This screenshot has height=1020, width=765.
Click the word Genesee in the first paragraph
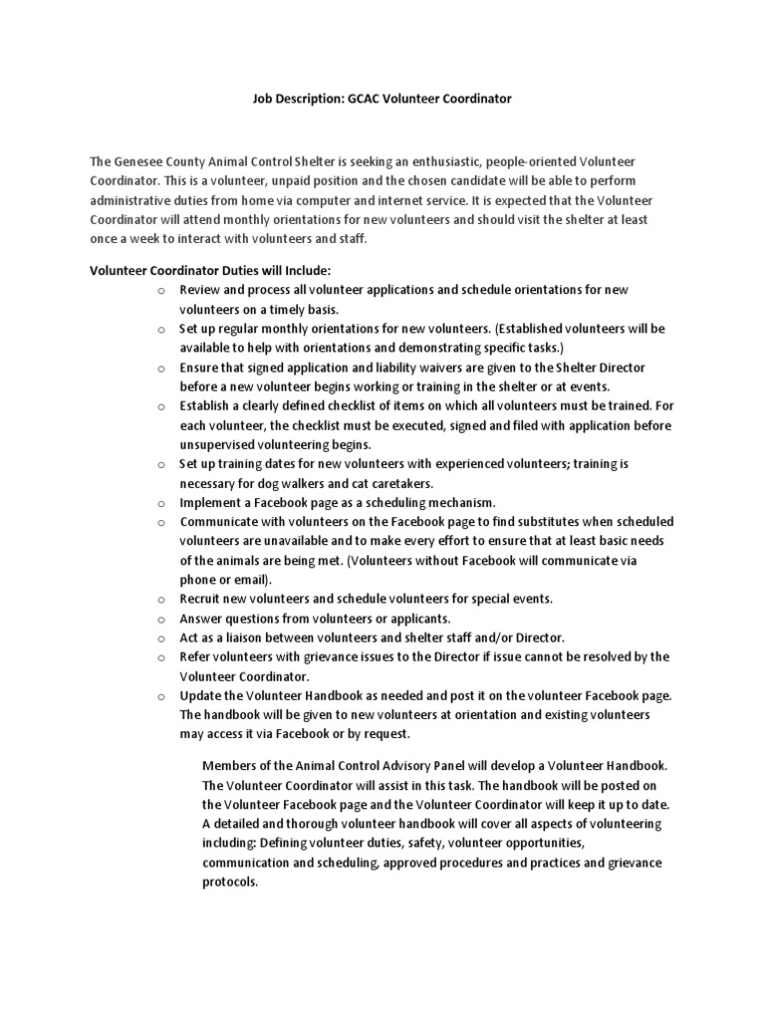(x=138, y=161)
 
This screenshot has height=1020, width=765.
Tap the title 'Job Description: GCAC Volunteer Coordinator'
(x=380, y=100)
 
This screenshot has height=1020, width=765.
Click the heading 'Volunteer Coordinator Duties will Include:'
(x=210, y=270)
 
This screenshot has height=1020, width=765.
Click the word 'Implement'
(x=211, y=502)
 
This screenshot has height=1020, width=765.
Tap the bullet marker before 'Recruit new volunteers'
(x=160, y=600)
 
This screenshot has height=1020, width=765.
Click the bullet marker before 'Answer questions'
(x=160, y=619)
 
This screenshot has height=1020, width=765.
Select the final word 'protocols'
(x=230, y=882)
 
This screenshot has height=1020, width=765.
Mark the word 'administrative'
(x=133, y=200)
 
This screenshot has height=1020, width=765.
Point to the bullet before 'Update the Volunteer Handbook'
(x=160, y=696)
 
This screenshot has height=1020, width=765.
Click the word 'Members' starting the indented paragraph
(x=230, y=765)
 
